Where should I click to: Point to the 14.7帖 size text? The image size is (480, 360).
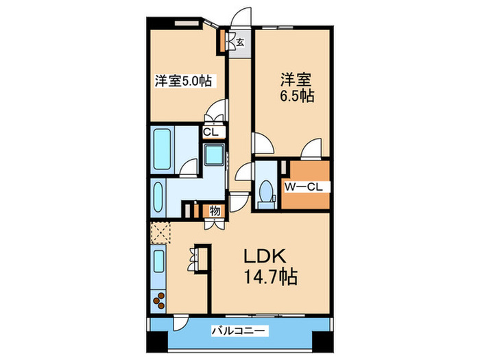(x=268, y=278)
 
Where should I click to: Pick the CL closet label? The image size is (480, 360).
(x=211, y=132)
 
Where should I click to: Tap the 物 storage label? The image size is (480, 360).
(x=215, y=211)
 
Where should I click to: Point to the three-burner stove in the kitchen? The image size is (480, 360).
(x=159, y=300)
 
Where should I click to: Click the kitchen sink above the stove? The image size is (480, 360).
(x=158, y=263)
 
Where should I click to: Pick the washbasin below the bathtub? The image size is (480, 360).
(x=157, y=197)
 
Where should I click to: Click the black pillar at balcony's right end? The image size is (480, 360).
(x=321, y=337)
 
